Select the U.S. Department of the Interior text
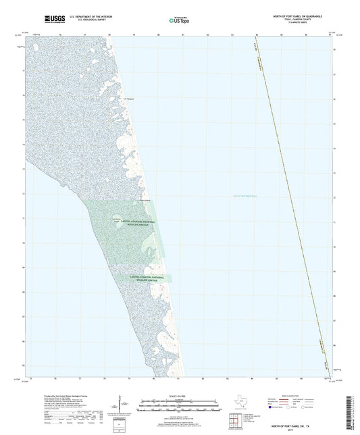coord(86,16)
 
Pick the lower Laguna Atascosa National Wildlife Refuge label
coord(143,278)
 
